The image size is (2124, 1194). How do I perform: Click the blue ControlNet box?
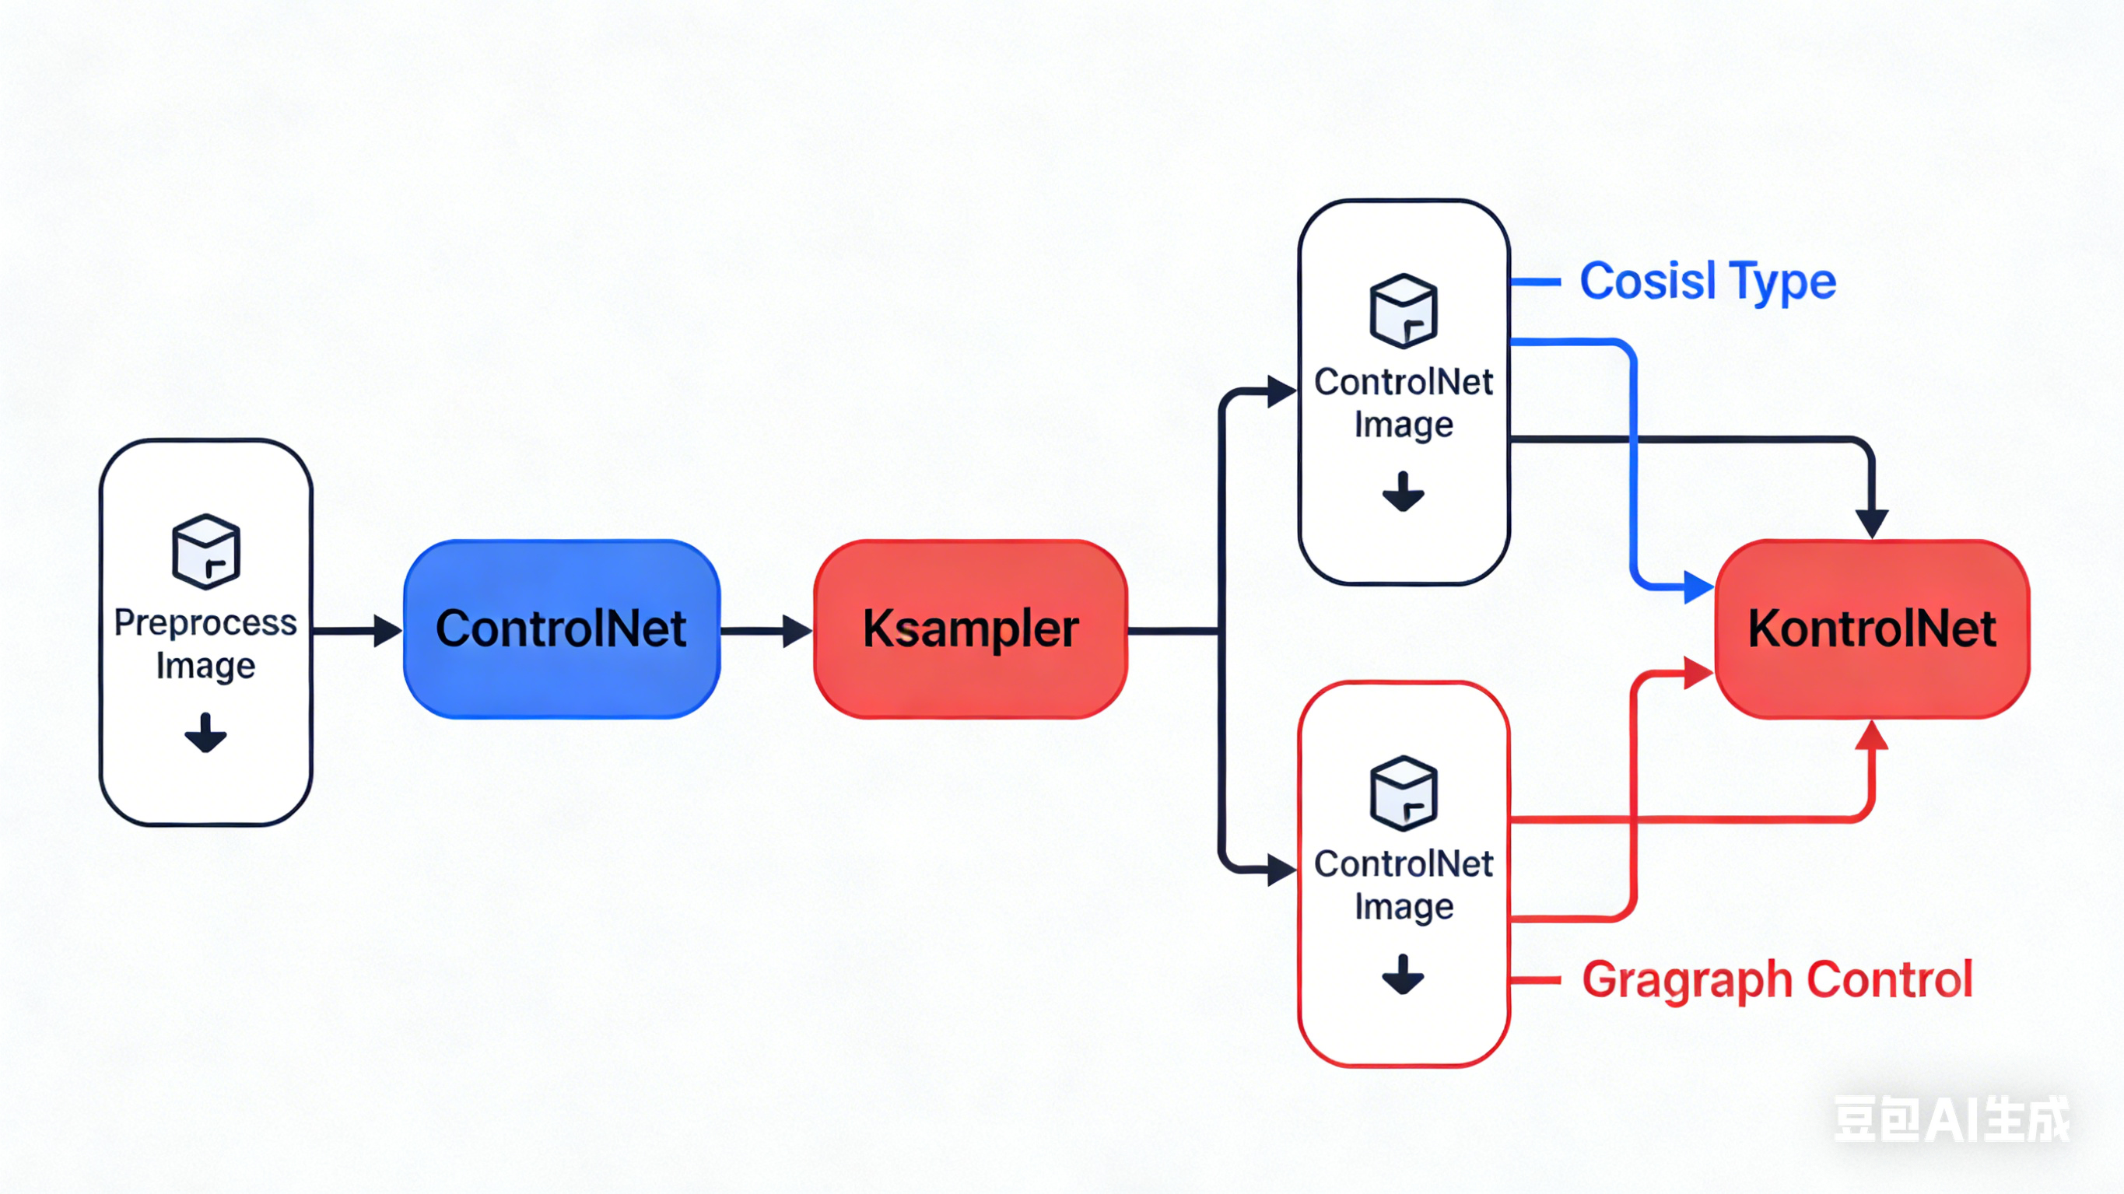[562, 629]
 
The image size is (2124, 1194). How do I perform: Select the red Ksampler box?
[970, 629]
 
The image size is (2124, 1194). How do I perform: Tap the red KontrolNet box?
[1872, 629]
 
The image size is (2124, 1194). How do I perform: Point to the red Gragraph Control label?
[1777, 979]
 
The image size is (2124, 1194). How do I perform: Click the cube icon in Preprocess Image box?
[206, 551]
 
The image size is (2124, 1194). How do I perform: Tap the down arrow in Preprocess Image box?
[205, 732]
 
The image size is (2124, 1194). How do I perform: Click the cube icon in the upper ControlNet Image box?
[1404, 311]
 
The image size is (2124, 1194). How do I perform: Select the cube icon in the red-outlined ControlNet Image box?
[1404, 793]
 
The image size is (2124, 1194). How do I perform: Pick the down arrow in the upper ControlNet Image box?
[1404, 492]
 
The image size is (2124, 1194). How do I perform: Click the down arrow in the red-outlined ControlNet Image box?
[1404, 974]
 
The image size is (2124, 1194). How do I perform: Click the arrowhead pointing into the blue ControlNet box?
[387, 631]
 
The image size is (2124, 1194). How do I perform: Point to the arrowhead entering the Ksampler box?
[797, 631]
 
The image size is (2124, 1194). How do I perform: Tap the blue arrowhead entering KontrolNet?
[1699, 587]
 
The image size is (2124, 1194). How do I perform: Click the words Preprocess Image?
[205, 644]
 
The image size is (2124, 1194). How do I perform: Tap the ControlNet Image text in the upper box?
[1404, 403]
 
